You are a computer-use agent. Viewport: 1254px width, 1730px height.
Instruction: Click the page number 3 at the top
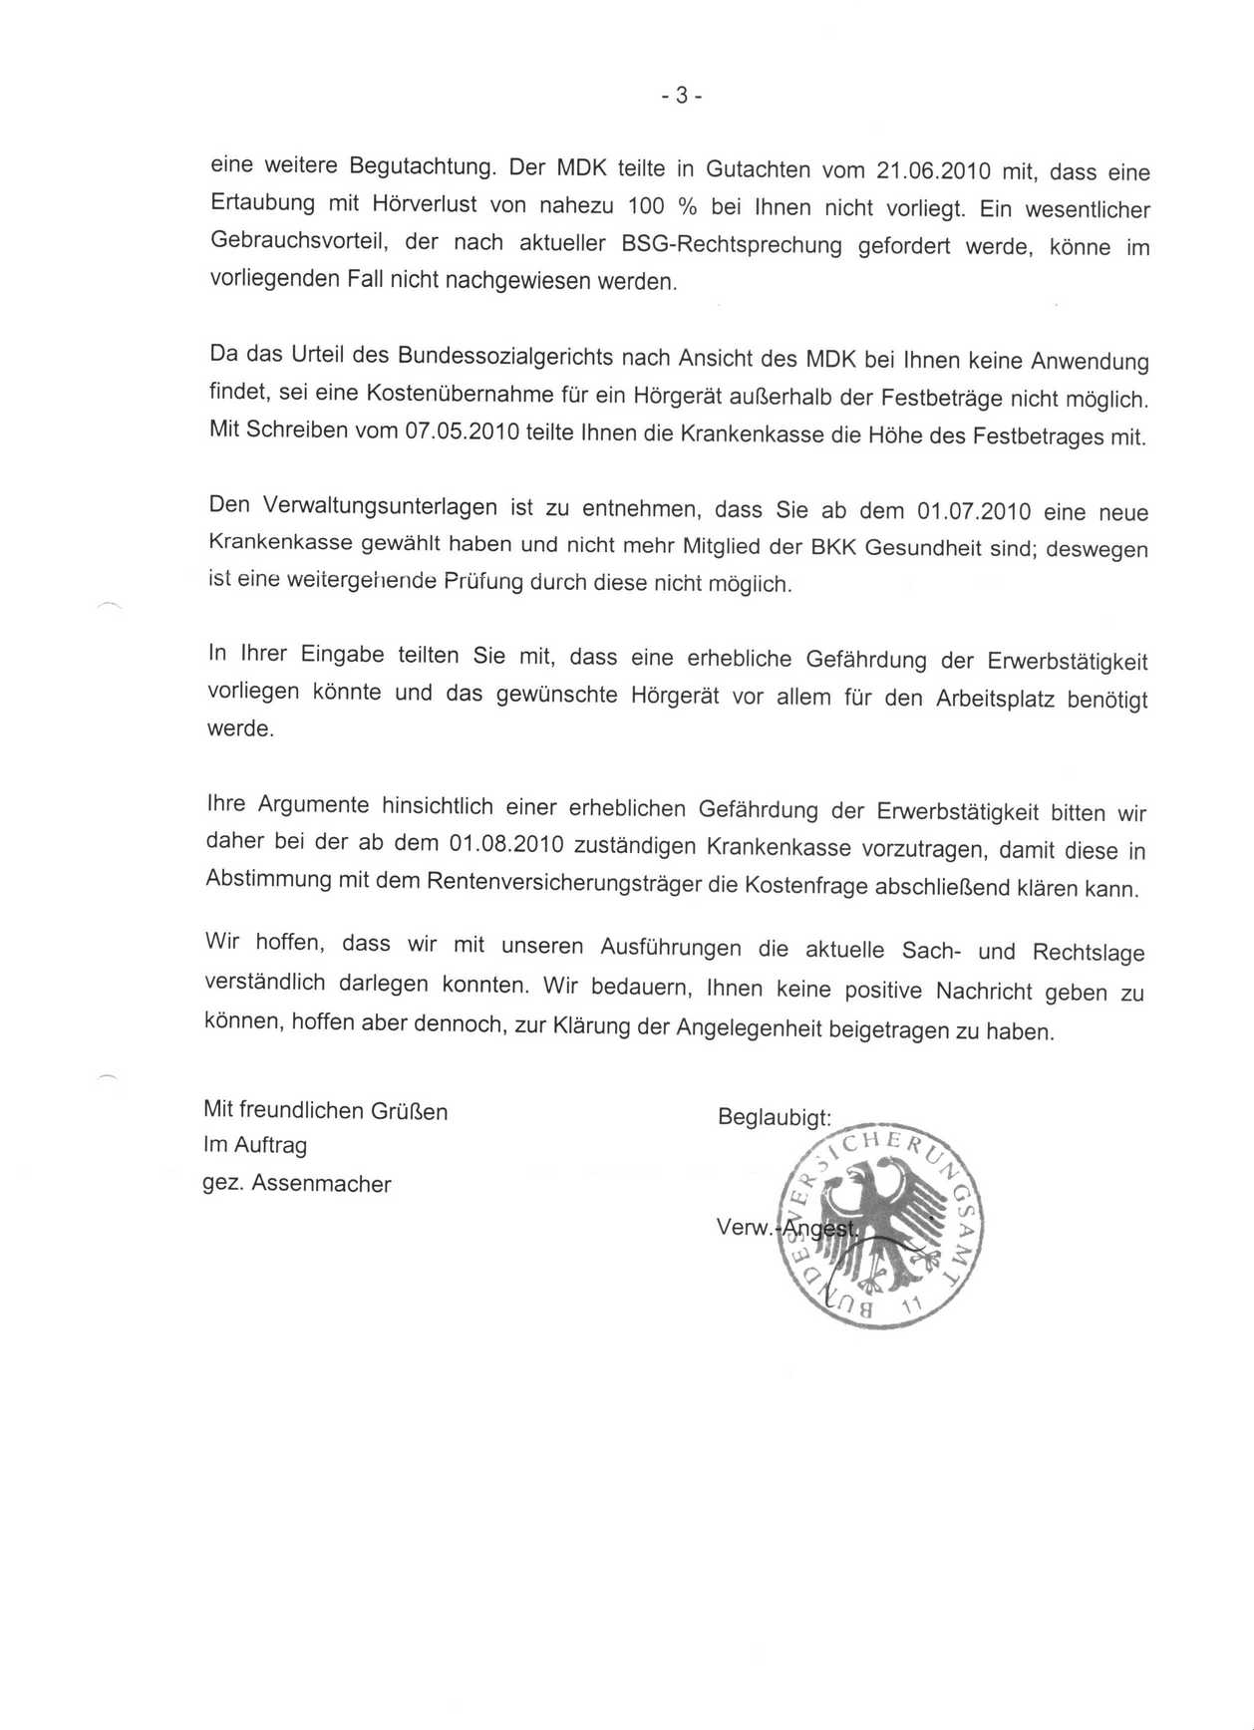click(x=682, y=96)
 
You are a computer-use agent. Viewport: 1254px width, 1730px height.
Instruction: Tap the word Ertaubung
click(x=262, y=201)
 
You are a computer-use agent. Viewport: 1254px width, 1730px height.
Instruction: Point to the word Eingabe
click(x=343, y=655)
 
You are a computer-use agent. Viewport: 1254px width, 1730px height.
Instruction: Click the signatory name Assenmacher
click(x=321, y=1184)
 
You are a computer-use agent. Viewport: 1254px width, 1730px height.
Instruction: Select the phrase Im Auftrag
click(x=255, y=1146)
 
